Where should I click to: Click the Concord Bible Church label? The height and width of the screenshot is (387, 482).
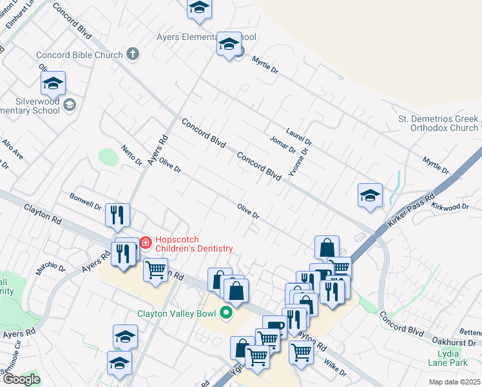pyautogui.click(x=79, y=55)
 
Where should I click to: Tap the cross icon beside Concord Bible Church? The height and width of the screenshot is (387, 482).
pyautogui.click(x=132, y=54)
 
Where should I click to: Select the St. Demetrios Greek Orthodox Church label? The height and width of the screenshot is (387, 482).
pyautogui.click(x=438, y=123)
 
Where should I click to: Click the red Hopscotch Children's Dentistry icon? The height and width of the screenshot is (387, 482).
pyautogui.click(x=146, y=243)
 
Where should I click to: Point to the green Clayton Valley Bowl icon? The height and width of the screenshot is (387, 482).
pyautogui.click(x=226, y=314)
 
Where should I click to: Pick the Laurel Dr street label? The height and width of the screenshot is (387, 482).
pyautogui.click(x=299, y=136)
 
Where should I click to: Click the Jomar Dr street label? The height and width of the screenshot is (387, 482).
pyautogui.click(x=282, y=145)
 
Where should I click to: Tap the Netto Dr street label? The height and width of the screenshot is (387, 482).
pyautogui.click(x=131, y=155)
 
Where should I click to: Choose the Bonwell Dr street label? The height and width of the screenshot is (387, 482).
pyautogui.click(x=85, y=201)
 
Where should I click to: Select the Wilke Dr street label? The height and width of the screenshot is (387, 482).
pyautogui.click(x=335, y=368)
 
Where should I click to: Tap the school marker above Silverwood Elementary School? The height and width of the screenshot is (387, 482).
pyautogui.click(x=53, y=83)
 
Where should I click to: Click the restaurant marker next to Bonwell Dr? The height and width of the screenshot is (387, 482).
pyautogui.click(x=117, y=215)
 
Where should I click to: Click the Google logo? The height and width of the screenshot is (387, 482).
pyautogui.click(x=21, y=379)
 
